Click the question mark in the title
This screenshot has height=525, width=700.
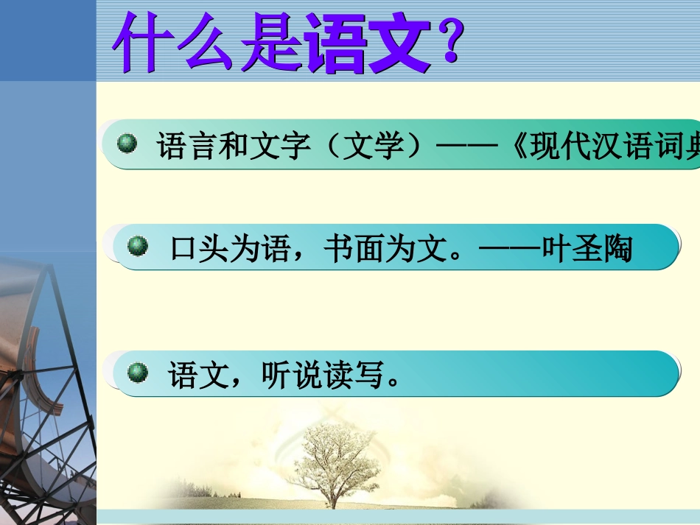pyautogui.click(x=449, y=43)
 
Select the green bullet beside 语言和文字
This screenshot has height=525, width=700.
pyautogui.click(x=128, y=143)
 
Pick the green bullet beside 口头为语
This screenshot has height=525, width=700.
pyautogui.click(x=138, y=245)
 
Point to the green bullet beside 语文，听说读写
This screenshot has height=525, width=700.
pyautogui.click(x=138, y=373)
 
